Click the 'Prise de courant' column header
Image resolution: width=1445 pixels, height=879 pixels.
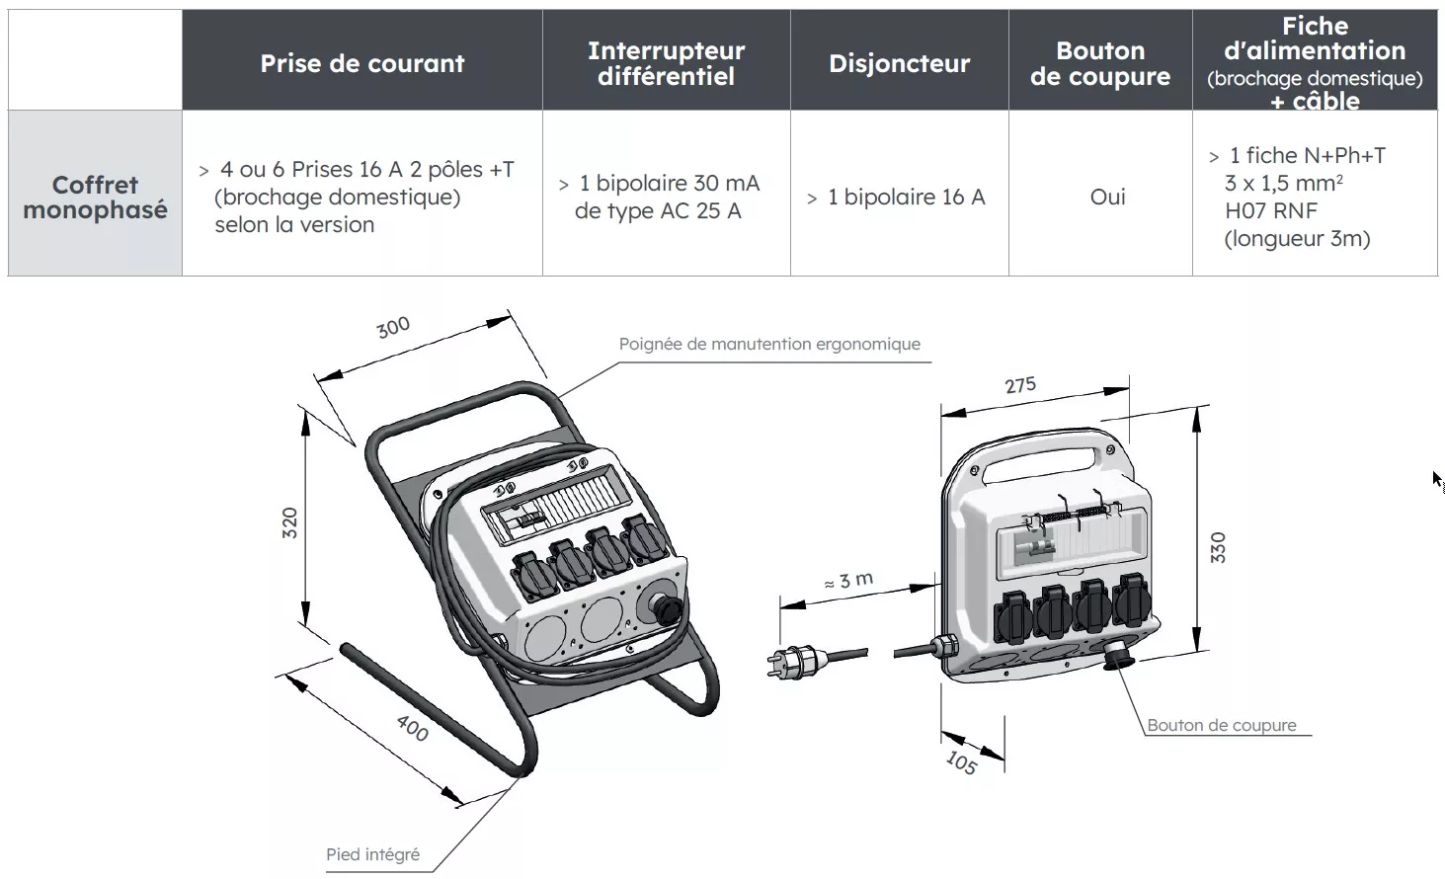[361, 63]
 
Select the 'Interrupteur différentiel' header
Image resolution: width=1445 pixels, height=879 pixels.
[666, 63]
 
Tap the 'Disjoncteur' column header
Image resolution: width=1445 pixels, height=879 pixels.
[899, 63]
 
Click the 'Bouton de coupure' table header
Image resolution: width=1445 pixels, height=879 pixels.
[1099, 63]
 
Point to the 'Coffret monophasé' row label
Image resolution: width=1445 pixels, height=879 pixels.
[95, 197]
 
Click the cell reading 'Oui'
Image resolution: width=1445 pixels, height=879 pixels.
[1107, 197]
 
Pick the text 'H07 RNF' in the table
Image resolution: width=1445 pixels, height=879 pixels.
[1270, 210]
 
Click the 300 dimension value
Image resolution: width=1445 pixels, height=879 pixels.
[393, 327]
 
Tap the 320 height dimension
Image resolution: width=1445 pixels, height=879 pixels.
[289, 522]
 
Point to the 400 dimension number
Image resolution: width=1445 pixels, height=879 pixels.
[413, 728]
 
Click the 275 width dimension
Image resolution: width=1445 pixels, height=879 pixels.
[1020, 384]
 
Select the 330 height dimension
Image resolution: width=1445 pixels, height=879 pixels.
[1218, 547]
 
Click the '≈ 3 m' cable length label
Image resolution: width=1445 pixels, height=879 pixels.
[848, 581]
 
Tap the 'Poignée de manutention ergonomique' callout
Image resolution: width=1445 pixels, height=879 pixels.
[769, 344]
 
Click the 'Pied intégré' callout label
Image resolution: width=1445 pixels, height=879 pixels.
[372, 854]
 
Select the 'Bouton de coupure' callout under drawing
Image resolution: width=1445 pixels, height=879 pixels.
[1221, 725]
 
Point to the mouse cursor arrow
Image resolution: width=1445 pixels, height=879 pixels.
[1438, 481]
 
